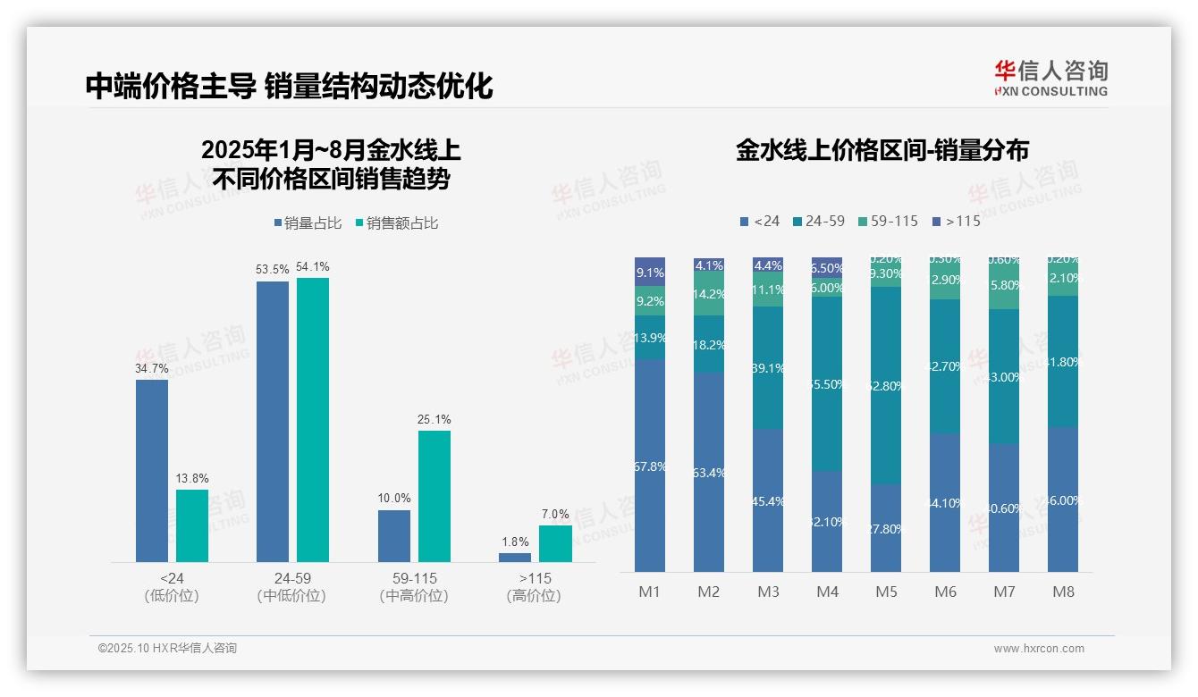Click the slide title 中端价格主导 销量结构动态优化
tap(289, 86)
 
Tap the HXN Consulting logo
tap(1050, 79)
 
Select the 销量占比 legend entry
tap(308, 223)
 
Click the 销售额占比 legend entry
tap(396, 223)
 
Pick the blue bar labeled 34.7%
tap(152, 470)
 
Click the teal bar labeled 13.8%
tap(191, 525)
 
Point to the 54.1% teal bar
tap(313, 419)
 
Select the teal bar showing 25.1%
tap(434, 496)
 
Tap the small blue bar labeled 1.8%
tap(515, 558)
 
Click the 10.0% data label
tap(394, 499)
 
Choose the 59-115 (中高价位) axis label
tap(414, 587)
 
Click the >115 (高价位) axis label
tap(534, 587)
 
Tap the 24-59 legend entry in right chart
tap(818, 221)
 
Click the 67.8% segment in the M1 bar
tap(650, 466)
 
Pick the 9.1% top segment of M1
tap(650, 272)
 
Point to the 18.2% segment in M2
tap(709, 344)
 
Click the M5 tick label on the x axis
tap(886, 592)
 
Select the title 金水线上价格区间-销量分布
tap(882, 150)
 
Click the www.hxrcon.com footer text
tap(1038, 649)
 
